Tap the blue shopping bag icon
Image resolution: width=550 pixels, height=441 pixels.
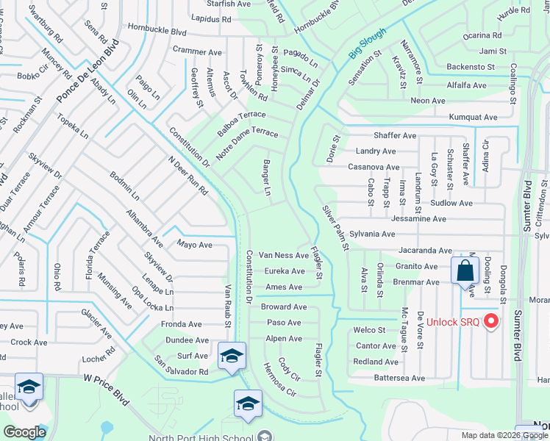465,270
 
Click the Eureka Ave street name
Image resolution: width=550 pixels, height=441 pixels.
285,271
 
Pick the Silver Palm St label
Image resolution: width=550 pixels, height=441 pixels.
335,227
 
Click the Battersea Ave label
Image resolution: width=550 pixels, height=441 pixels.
399,378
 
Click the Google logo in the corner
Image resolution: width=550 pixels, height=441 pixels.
24,432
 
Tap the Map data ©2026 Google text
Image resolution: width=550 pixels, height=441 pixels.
504,435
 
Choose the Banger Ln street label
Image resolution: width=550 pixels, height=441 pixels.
267,179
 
